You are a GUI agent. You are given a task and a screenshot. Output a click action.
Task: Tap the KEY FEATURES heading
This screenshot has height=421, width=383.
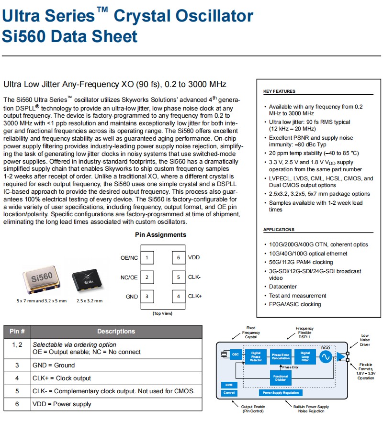click(x=279, y=91)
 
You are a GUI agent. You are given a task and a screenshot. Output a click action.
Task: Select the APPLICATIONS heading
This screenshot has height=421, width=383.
click(x=279, y=230)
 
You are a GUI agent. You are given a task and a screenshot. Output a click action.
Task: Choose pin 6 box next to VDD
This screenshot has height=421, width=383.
click(x=179, y=258)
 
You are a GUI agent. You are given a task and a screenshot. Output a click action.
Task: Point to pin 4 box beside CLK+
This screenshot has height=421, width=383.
click(x=179, y=296)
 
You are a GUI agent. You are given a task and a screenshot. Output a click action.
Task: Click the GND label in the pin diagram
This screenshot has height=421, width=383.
click(x=132, y=297)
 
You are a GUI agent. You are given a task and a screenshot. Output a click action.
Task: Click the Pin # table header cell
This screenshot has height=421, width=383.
click(x=17, y=331)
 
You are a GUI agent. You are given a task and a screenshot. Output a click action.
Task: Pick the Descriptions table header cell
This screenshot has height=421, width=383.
click(x=116, y=331)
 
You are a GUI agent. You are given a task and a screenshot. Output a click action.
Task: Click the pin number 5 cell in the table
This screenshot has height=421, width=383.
click(x=17, y=391)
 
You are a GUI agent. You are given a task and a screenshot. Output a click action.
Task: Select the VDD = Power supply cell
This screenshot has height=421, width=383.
click(x=116, y=404)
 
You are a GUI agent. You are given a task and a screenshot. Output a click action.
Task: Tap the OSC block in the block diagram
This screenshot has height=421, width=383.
click(x=236, y=355)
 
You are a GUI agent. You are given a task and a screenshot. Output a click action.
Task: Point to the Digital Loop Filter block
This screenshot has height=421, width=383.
click(x=305, y=356)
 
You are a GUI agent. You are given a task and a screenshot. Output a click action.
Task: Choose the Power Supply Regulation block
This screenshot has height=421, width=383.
click(x=281, y=393)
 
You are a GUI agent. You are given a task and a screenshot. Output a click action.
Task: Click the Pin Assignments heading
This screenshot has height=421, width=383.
click(x=160, y=235)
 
